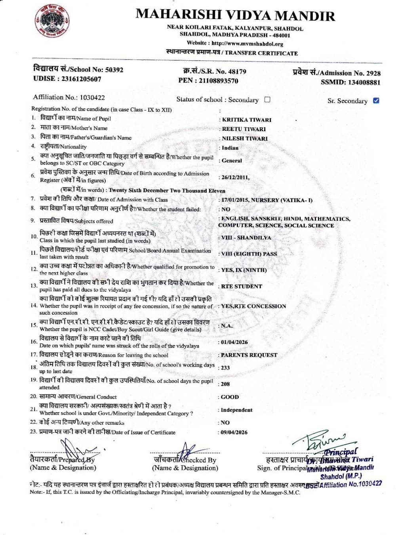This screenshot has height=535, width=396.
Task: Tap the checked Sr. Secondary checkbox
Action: pyautogui.click(x=376, y=100)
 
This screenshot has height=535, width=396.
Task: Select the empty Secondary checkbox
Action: pyautogui.click(x=267, y=99)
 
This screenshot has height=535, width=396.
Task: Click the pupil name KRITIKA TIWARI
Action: pyautogui.click(x=247, y=120)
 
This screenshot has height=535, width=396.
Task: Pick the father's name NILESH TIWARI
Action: pyautogui.click(x=244, y=139)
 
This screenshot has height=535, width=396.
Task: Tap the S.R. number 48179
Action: pyautogui.click(x=236, y=72)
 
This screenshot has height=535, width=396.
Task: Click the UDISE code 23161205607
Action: pyautogui.click(x=81, y=79)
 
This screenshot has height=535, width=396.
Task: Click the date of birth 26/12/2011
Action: pyautogui.click(x=235, y=177)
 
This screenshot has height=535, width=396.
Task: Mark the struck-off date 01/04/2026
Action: pyautogui.click(x=234, y=342)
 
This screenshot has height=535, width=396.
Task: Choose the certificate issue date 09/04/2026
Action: pyautogui.click(x=234, y=432)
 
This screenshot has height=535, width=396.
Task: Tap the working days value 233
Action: pyautogui.click(x=225, y=368)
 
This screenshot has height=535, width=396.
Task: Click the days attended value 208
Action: pyautogui.click(x=225, y=384)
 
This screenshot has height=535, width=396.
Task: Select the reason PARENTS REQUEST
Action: pyautogui.click(x=249, y=355)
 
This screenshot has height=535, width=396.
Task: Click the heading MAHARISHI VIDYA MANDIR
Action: pyautogui.click(x=235, y=15)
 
